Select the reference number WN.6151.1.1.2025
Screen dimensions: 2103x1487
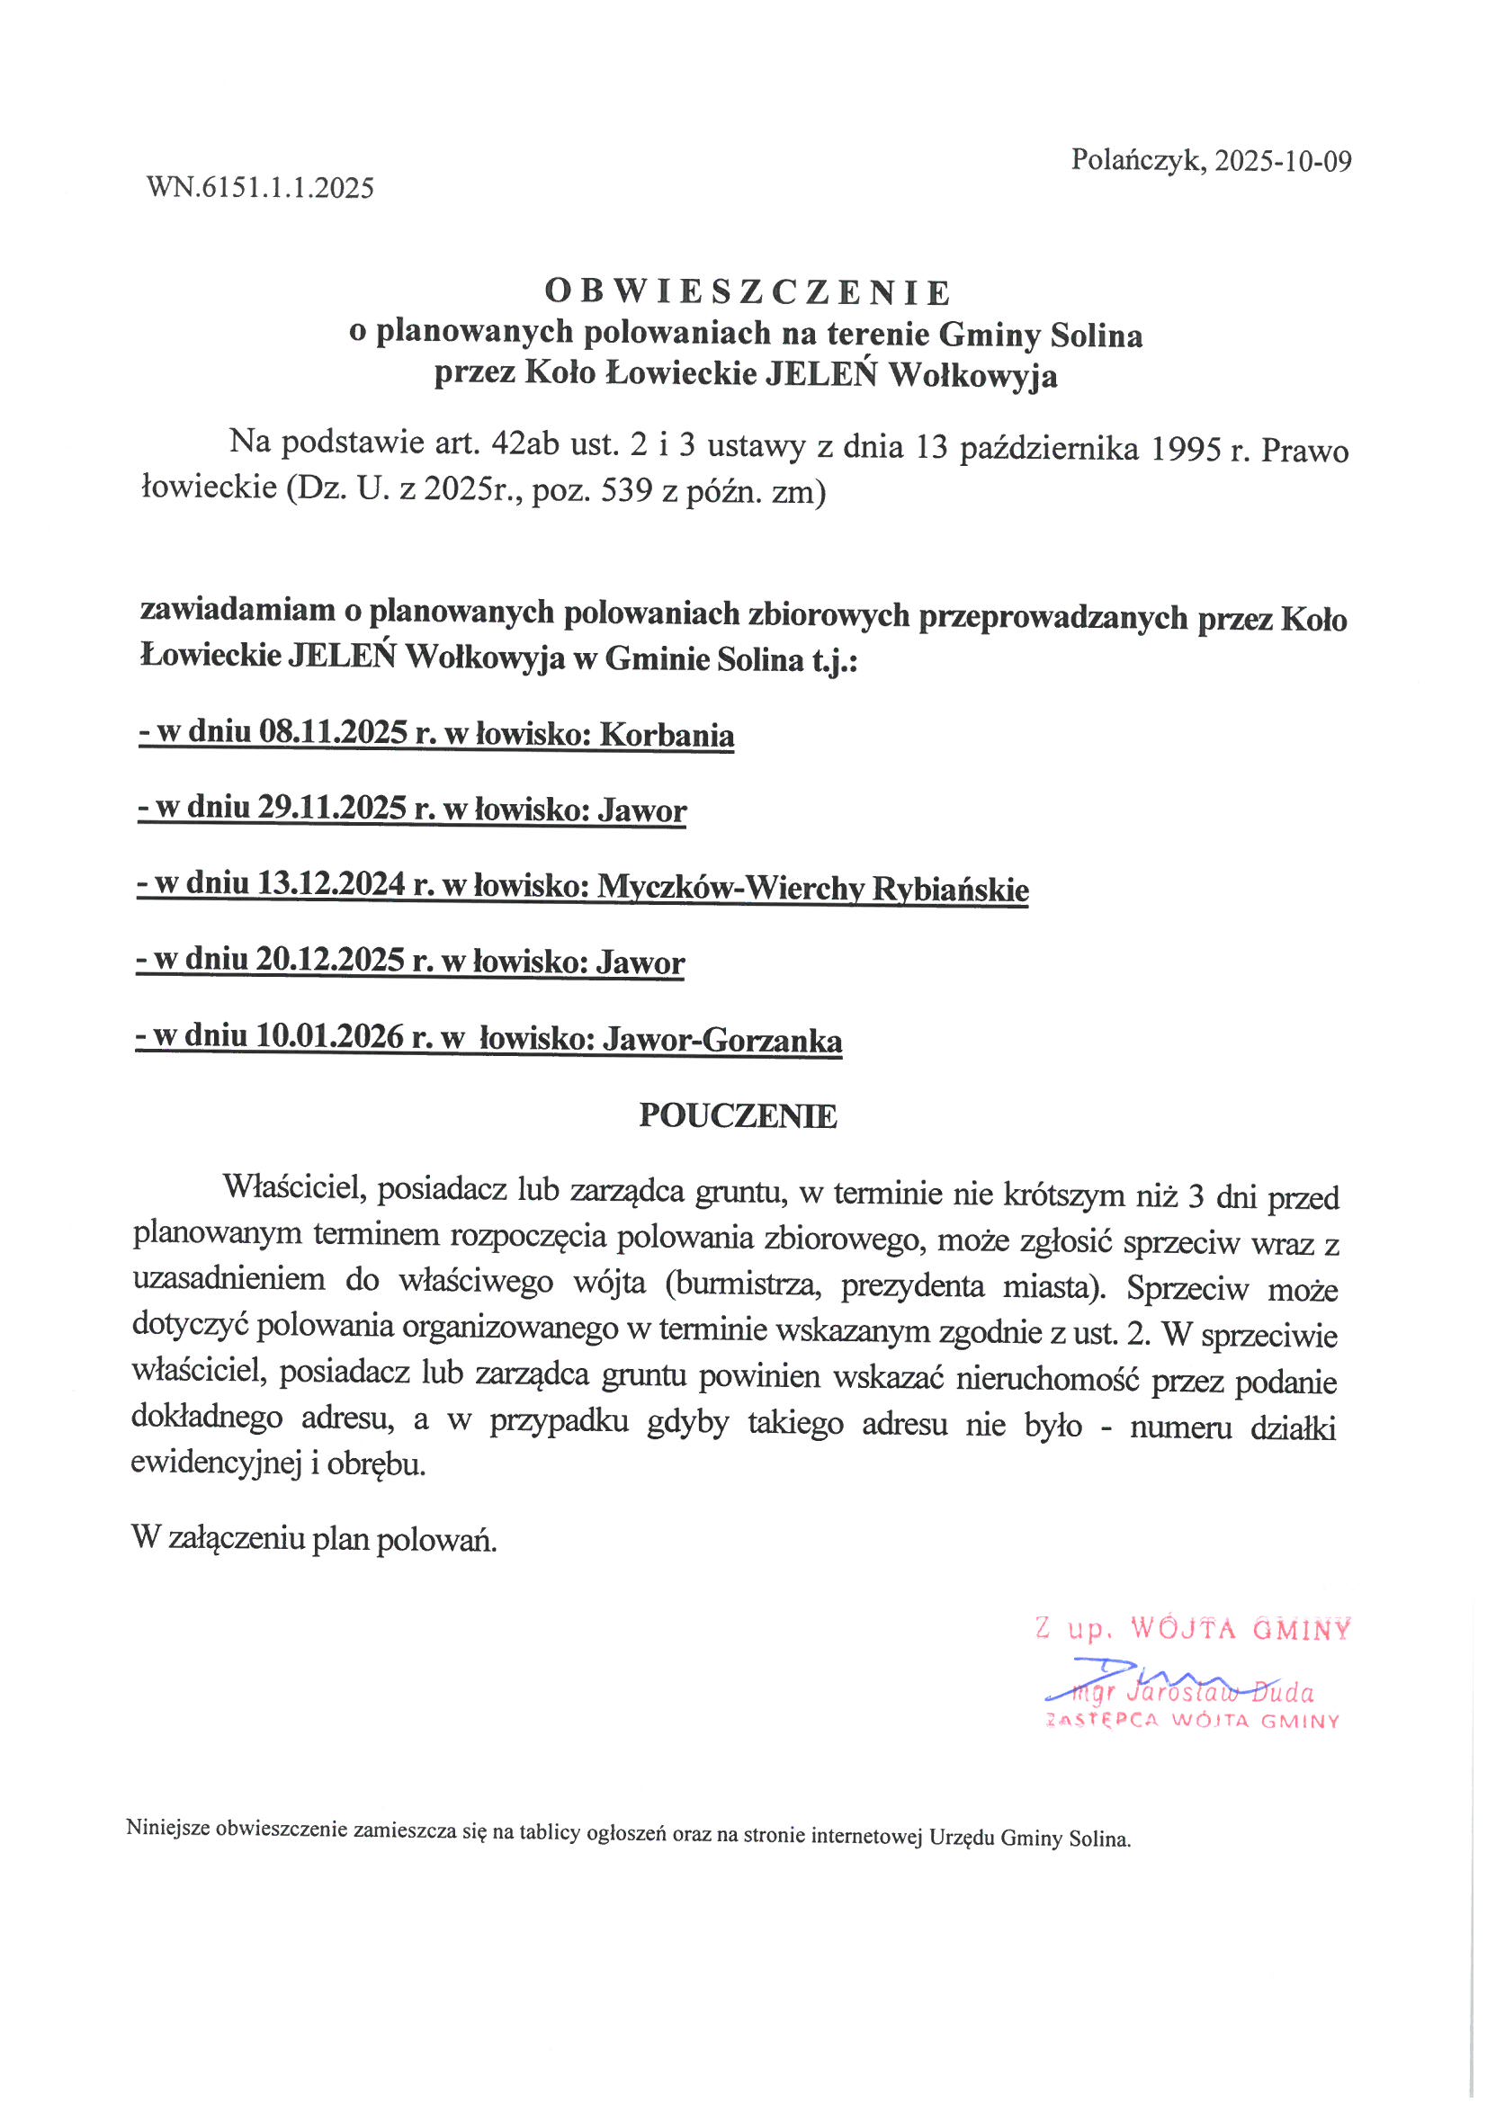[260, 188]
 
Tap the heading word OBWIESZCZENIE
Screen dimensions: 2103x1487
[748, 292]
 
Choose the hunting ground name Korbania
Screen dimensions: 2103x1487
[667, 736]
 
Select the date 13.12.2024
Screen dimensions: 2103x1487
[331, 884]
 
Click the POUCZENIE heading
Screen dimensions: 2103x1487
[738, 1115]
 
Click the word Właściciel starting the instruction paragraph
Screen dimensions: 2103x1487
[295, 1188]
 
